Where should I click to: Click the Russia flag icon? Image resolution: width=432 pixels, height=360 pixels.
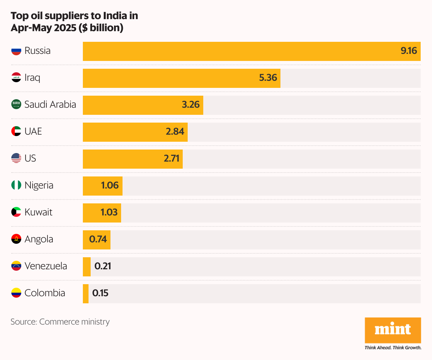16,51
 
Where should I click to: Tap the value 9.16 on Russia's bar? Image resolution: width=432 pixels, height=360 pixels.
409,51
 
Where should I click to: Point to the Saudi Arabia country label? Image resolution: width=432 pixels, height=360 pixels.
50,105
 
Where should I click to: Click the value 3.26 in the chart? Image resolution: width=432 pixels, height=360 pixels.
191,105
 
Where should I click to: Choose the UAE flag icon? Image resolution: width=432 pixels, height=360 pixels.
16,131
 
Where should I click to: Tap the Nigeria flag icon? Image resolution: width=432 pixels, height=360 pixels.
16,185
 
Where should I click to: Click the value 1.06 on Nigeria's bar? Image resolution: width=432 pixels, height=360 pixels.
110,185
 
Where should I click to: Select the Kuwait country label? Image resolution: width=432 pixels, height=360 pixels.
38,212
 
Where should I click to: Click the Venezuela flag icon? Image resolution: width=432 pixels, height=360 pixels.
16,266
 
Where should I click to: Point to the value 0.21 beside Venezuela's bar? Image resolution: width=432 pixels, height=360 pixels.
103,266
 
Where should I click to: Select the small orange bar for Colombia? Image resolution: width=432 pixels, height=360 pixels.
86,294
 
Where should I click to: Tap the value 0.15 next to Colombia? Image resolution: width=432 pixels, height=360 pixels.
100,293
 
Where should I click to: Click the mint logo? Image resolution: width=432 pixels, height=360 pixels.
393,330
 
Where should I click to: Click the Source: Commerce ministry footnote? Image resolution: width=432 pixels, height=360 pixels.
60,322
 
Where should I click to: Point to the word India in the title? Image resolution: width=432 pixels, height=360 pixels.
115,16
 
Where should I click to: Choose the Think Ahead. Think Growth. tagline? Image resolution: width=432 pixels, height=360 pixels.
393,348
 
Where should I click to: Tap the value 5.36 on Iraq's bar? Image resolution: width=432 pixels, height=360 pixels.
268,78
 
